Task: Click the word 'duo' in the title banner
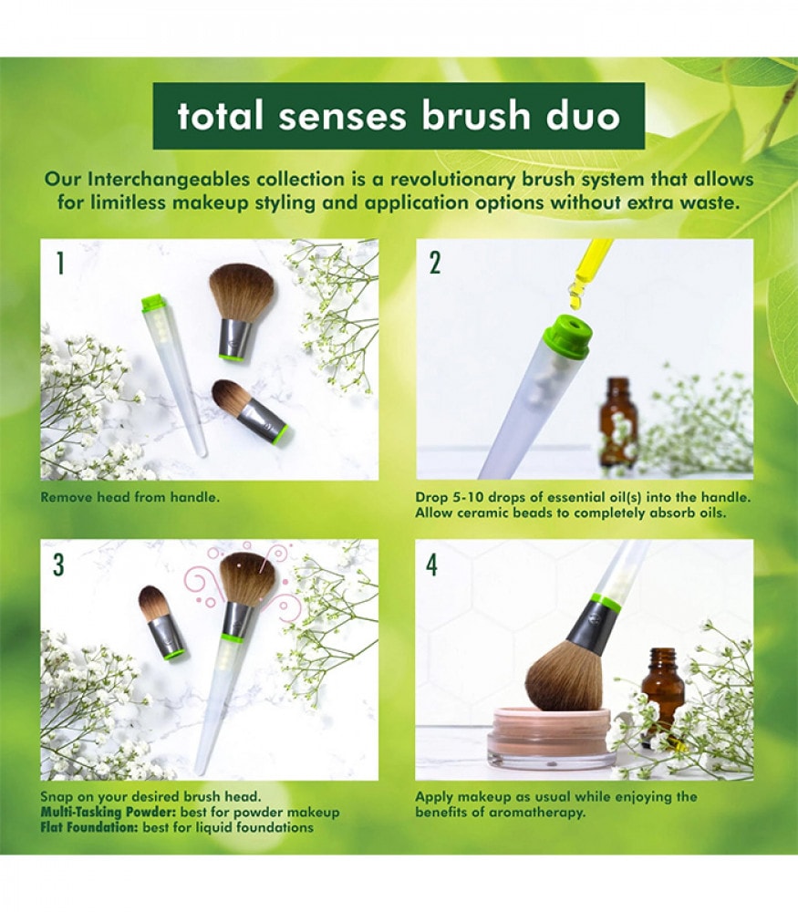tap(583, 115)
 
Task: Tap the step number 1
tap(59, 263)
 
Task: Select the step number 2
tap(434, 263)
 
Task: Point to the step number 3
tap(58, 565)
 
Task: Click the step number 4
tap(431, 565)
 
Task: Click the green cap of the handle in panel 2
tap(567, 336)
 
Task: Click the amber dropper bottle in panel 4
tap(663, 692)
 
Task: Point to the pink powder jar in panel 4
tap(552, 736)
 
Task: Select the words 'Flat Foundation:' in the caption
tap(89, 827)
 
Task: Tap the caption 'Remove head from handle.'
tap(130, 497)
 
